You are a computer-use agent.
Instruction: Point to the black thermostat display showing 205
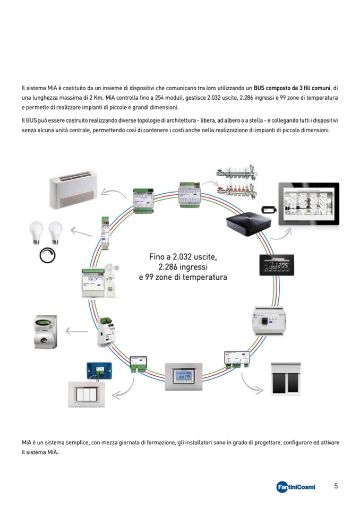click(277, 265)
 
